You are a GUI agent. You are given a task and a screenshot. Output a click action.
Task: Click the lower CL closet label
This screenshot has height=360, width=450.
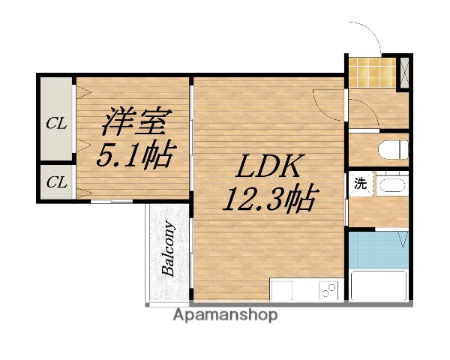(55, 182)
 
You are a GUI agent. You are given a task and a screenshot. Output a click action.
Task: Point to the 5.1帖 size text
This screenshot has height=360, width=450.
(136, 156)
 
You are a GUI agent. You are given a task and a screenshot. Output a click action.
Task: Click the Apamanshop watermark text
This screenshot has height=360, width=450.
(225, 315)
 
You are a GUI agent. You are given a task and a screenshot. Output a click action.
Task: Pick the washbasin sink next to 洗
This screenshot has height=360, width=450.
(390, 184)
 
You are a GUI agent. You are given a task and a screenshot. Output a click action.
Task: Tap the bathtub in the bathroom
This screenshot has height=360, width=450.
(379, 285)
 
